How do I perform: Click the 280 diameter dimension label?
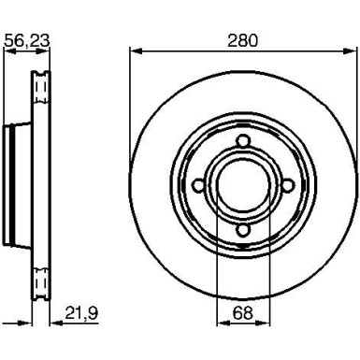[242, 40]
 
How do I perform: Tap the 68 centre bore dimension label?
[242, 313]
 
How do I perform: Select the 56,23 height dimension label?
[27, 41]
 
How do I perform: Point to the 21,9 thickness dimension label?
[81, 313]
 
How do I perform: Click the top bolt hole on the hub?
[243, 141]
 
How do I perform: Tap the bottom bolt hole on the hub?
[243, 230]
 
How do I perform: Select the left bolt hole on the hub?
[198, 186]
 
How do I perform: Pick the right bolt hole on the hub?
[288, 186]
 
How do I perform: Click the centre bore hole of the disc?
[243, 186]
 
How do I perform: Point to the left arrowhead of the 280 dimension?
[136, 51]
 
